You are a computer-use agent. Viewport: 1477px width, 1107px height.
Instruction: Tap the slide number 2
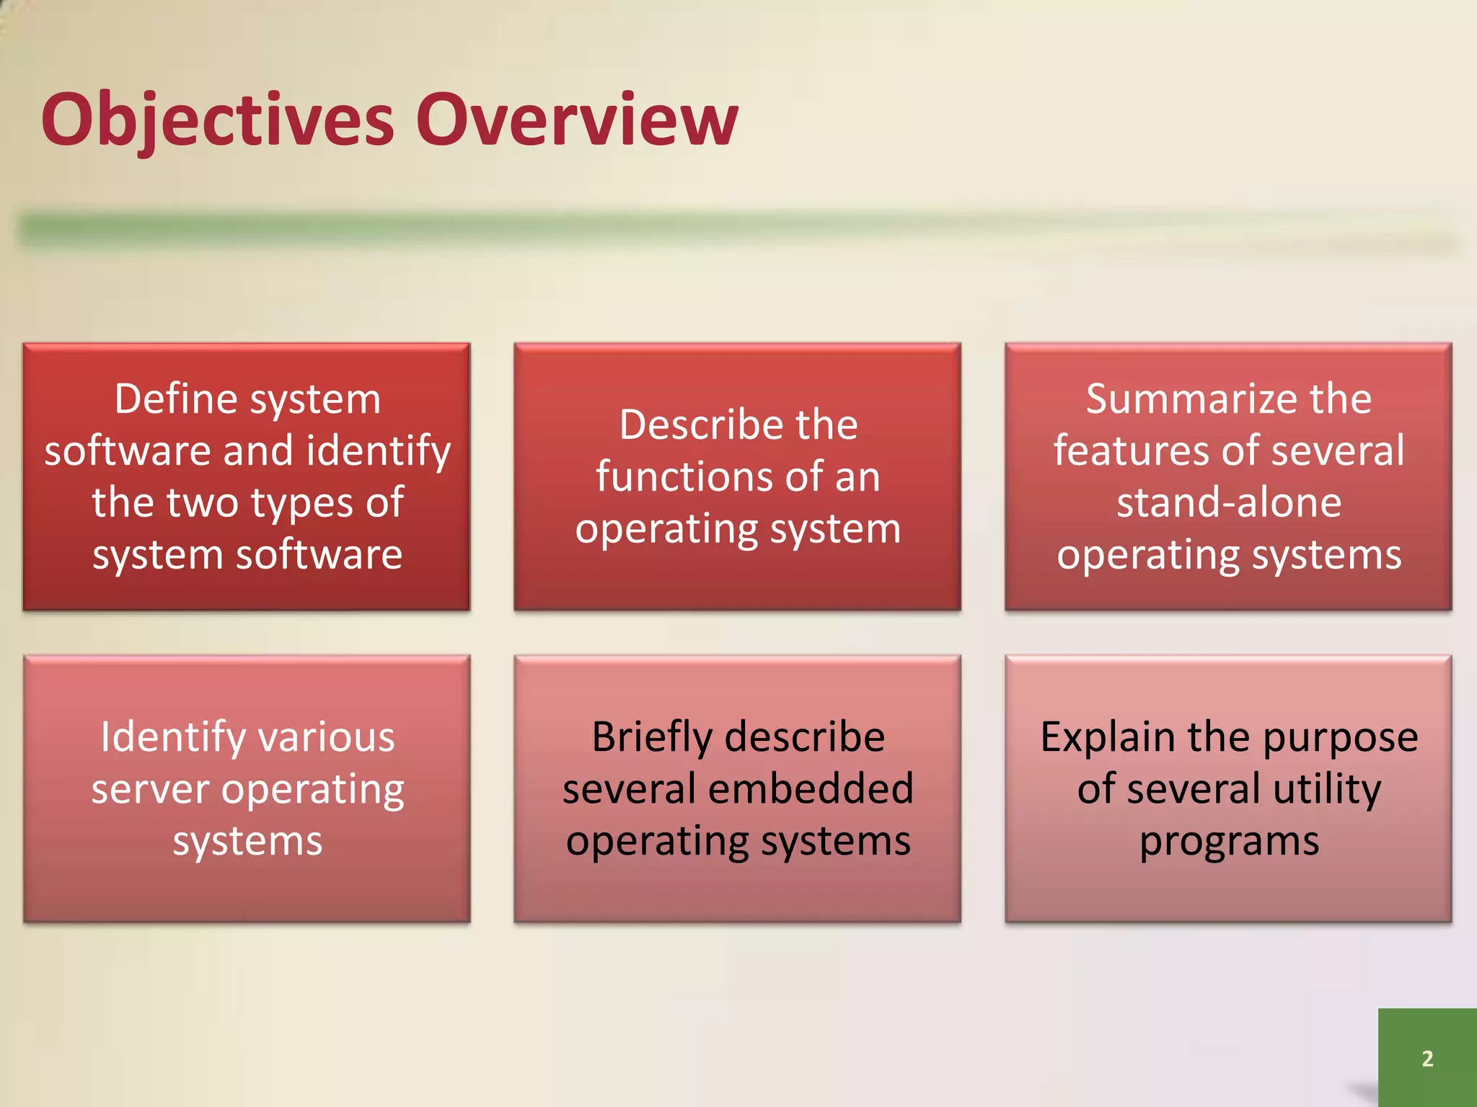[x=1427, y=1058]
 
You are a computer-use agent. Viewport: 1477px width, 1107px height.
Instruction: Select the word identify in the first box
[x=379, y=452]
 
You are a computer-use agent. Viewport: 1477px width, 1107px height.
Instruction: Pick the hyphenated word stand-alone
[x=1229, y=502]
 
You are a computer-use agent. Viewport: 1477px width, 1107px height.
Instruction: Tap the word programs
[x=1229, y=842]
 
